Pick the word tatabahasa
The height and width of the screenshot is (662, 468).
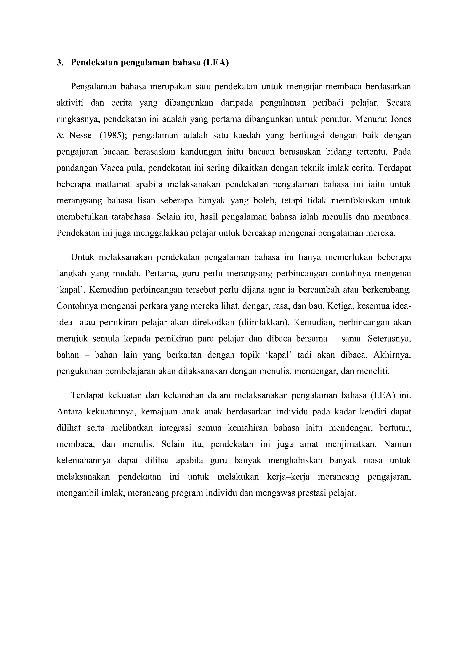pyautogui.click(x=132, y=217)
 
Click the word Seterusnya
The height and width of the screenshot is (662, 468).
pyautogui.click(x=389, y=339)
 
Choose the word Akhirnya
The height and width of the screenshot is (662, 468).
pyautogui.click(x=392, y=355)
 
